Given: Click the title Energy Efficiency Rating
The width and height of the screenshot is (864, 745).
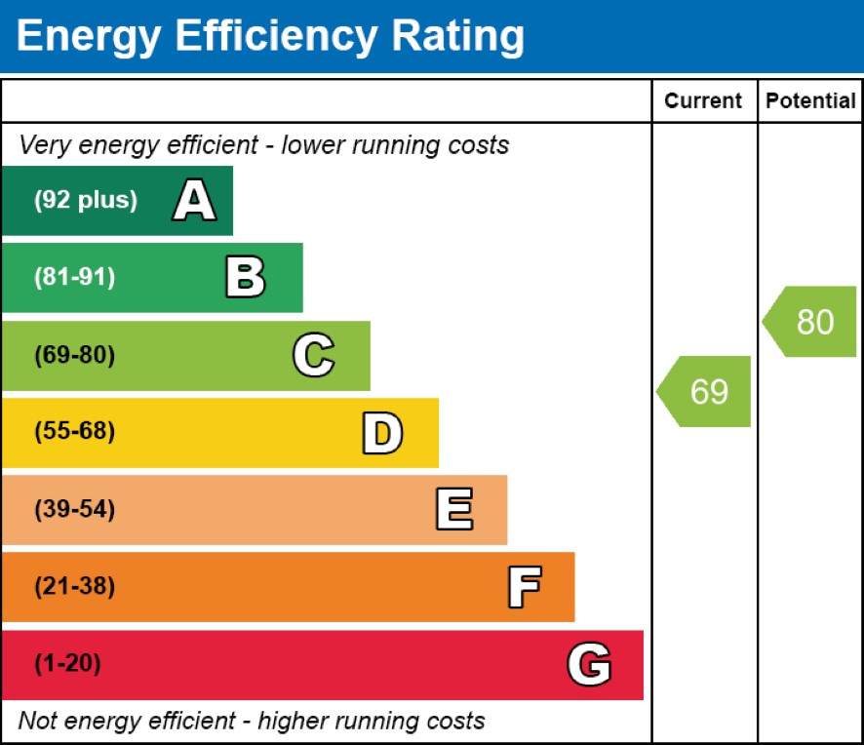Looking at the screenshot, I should click(x=270, y=36).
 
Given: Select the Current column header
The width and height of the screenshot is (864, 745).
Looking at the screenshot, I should click(x=703, y=100).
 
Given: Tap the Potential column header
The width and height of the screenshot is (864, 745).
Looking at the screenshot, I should click(x=810, y=100).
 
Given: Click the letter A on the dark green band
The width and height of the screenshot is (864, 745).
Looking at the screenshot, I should click(x=194, y=201).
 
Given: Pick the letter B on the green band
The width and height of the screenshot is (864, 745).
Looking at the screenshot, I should click(x=245, y=278).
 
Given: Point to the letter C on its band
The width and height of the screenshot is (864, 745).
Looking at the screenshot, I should click(x=313, y=355).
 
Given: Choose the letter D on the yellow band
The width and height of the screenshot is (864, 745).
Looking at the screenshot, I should click(x=381, y=433).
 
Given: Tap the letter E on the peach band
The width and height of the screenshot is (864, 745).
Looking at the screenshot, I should click(x=453, y=510).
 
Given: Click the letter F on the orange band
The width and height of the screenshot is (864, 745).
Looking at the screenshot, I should click(x=524, y=587).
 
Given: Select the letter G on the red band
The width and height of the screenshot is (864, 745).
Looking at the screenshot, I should click(x=589, y=665).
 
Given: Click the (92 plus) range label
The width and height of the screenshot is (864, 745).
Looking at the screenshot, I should click(x=86, y=201).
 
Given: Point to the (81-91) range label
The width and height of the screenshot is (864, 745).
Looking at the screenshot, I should click(x=74, y=278).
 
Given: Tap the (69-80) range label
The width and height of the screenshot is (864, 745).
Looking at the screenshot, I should click(x=74, y=355).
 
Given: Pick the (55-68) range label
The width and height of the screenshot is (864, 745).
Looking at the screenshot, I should click(x=74, y=432).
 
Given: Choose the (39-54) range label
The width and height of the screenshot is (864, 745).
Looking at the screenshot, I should click(x=74, y=509).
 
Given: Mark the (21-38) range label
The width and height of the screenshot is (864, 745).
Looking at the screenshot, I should click(x=74, y=587).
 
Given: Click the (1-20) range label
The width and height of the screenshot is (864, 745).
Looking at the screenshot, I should click(x=67, y=664).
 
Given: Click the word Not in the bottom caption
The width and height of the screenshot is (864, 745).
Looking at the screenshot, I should click(x=38, y=722).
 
